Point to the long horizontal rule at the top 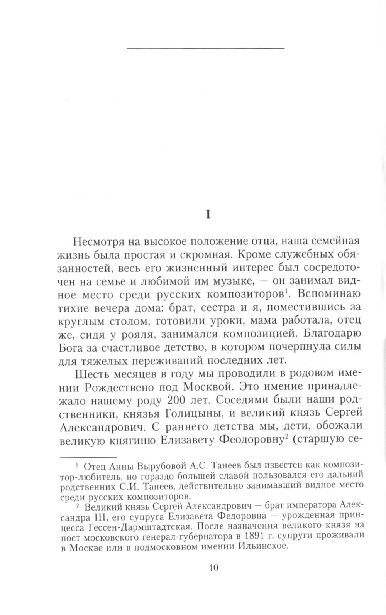pyautogui.click(x=205, y=48)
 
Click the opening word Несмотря pyautogui.click(x=98, y=243)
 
